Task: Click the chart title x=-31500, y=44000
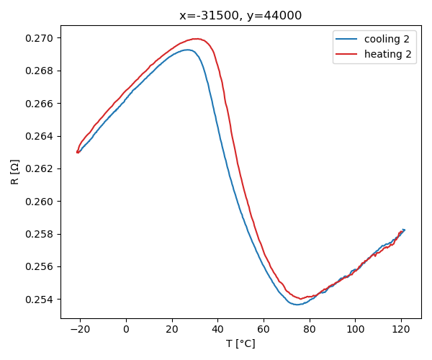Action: pos(240,16)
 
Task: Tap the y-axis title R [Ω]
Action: pos(15,171)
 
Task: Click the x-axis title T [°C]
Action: pos(240,343)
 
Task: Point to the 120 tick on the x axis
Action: pos(401,330)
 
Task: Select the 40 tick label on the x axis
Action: pos(217,330)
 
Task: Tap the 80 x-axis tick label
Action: pos(309,330)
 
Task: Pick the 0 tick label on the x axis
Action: pos(126,330)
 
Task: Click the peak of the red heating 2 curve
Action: pos(194,39)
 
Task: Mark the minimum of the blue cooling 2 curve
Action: pos(297,305)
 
